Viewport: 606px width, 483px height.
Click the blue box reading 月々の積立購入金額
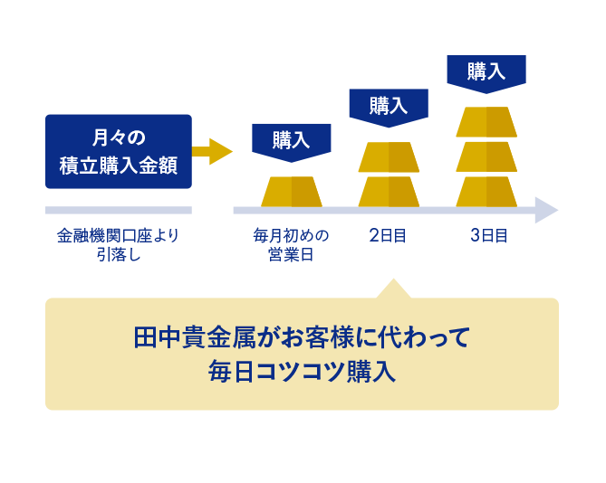(119, 151)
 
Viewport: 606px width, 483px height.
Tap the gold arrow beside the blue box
(212, 151)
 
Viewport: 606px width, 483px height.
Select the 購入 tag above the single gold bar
(292, 143)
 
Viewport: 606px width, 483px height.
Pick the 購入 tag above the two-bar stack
(389, 108)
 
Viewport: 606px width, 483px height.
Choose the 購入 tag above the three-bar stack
(486, 74)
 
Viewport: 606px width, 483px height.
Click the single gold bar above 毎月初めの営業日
(292, 192)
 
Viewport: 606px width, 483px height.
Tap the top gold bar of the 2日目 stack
(389, 157)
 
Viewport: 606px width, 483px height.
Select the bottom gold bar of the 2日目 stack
(389, 192)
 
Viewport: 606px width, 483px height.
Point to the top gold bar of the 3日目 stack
(486, 122)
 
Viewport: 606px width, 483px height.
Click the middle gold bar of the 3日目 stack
(486, 157)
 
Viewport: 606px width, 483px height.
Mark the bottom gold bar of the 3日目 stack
(486, 192)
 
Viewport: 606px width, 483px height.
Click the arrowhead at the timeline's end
(546, 210)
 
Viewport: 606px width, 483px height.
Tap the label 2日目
(388, 236)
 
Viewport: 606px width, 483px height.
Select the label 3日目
(489, 236)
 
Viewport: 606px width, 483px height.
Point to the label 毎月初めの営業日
(291, 245)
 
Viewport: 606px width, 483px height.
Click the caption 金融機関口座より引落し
(119, 245)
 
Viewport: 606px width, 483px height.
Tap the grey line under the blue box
(119, 210)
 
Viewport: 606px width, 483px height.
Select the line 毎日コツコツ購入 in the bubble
(302, 372)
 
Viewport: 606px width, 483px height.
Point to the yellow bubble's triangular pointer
(393, 290)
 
